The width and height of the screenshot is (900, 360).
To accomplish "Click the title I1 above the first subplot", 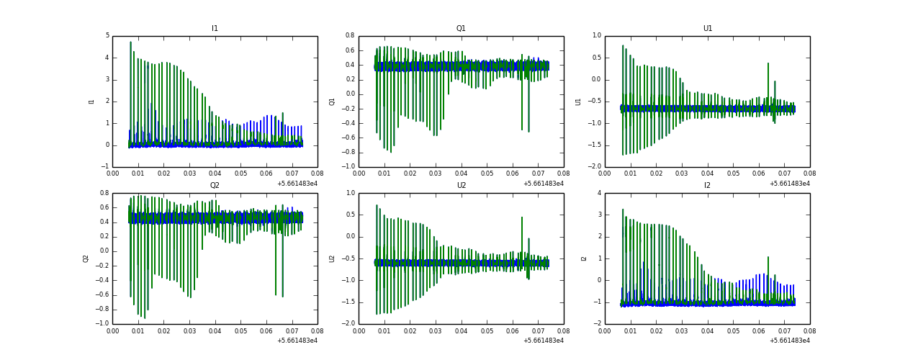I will coord(215,29).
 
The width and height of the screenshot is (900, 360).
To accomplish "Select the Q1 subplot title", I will coord(461,29).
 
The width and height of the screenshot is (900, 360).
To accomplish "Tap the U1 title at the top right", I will coord(707,29).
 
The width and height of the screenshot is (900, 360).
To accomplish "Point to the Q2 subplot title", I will coord(215,186).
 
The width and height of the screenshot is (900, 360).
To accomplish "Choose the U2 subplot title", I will coord(461,186).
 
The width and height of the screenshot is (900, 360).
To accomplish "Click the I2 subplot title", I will coord(707,186).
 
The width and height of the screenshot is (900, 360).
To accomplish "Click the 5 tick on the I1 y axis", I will coord(107,36).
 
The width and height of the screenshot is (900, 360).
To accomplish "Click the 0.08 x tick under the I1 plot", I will coord(317,174).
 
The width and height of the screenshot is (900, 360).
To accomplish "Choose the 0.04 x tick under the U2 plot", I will coord(461,330).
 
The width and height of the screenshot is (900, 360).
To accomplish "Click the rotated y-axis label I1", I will coord(91,102).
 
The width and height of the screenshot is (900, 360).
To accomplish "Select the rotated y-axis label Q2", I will coord(86,258).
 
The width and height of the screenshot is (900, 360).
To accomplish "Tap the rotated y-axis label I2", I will coord(584,258).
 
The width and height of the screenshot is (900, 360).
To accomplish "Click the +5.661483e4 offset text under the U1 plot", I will coord(789,183).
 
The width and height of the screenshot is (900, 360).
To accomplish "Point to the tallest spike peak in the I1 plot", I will coord(130,42).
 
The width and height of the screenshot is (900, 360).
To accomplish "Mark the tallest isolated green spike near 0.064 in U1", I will coord(768,63).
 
